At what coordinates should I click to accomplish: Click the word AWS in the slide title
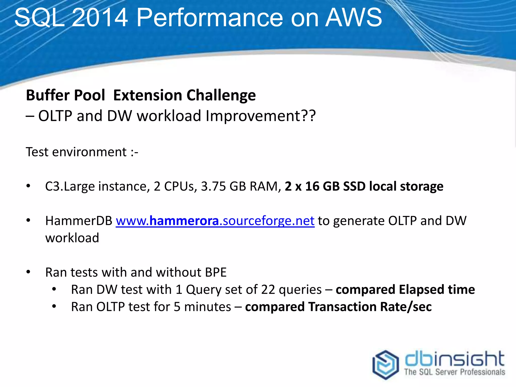click(x=353, y=18)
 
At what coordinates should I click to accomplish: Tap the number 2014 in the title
click(x=100, y=18)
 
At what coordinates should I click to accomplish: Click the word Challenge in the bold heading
click(x=221, y=95)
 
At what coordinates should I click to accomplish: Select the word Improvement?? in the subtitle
click(x=261, y=116)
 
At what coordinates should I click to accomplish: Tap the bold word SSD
click(x=354, y=186)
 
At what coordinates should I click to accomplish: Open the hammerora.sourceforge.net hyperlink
click(x=215, y=221)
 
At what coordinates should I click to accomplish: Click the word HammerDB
click(x=79, y=221)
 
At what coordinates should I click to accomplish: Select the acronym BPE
click(x=216, y=272)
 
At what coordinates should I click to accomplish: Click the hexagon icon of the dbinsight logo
click(x=385, y=364)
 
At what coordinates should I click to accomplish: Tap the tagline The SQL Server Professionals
click(x=455, y=372)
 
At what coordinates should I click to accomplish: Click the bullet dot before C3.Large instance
click(x=28, y=186)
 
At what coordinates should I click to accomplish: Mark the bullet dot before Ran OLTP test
click(x=54, y=307)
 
